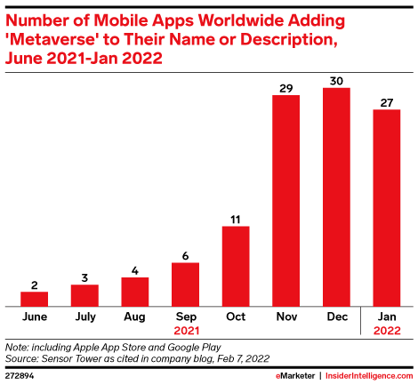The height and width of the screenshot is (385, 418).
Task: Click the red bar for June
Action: pos(34,298)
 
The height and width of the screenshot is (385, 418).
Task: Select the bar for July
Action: pos(84,294)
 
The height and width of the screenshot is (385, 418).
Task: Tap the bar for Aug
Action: pos(134,291)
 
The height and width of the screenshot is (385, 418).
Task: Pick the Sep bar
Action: pos(185,284)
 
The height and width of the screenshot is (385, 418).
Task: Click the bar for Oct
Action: pos(236,265)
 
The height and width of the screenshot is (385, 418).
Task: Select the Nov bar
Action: pos(285,199)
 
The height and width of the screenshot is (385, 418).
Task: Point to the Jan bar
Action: pos(387,207)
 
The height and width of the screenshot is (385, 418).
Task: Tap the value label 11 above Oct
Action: pos(236,218)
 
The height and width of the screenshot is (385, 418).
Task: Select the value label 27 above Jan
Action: pos(387,102)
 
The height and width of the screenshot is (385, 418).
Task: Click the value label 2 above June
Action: pos(34,285)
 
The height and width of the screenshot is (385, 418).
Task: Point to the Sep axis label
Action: pos(185,315)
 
